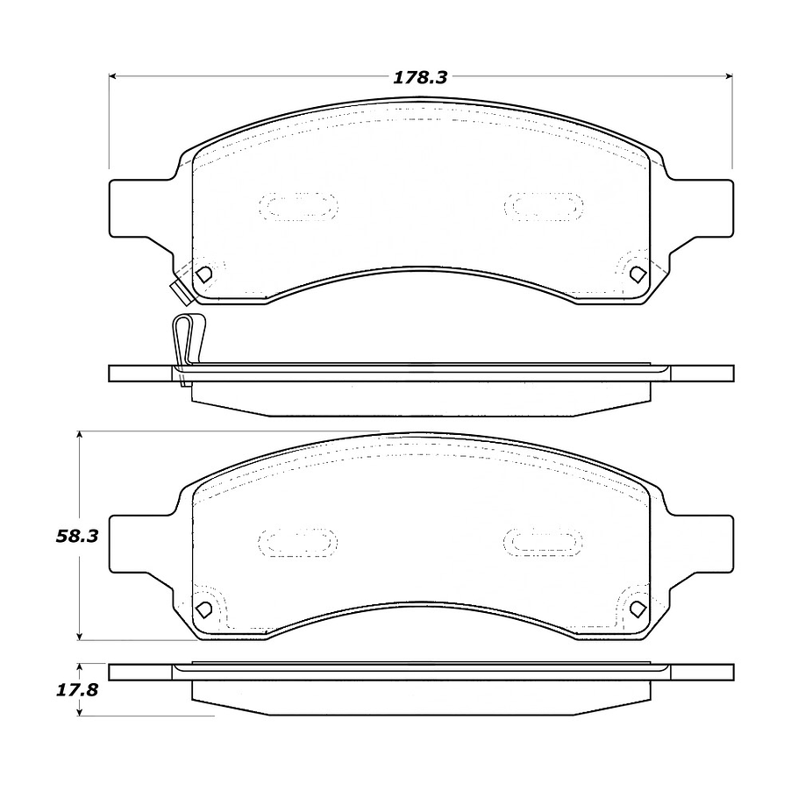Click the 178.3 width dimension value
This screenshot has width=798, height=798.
(420, 77)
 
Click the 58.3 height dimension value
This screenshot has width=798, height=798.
(76, 536)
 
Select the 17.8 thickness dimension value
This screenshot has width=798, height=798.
(76, 689)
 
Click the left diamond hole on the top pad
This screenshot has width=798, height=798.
(204, 274)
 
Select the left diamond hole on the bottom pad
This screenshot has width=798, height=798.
(204, 608)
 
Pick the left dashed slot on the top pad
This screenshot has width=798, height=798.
(298, 207)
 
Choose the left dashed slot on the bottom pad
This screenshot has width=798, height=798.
(298, 542)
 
